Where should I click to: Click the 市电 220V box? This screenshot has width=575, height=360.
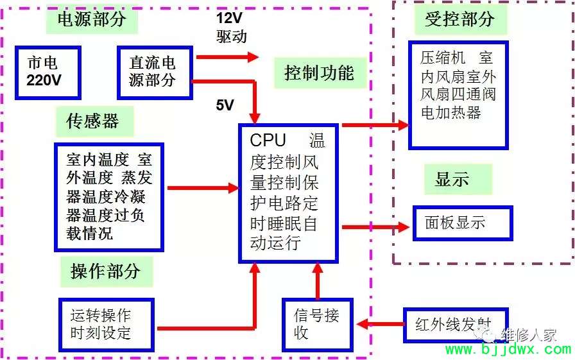click(x=47, y=73)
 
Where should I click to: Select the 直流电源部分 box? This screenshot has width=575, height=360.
click(x=155, y=73)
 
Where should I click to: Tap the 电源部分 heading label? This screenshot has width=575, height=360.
click(x=92, y=19)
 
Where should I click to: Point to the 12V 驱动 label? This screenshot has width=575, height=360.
click(x=231, y=27)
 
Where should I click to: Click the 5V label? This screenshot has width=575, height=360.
click(x=225, y=105)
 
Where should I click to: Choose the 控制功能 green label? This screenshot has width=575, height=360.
click(x=320, y=73)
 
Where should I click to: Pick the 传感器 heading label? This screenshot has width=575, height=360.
click(x=94, y=121)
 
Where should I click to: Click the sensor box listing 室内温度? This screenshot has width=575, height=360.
click(x=109, y=197)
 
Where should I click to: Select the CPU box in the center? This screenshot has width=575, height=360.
click(x=288, y=193)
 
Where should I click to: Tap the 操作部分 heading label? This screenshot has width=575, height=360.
click(x=106, y=271)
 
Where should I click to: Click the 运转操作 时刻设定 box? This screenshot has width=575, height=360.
click(x=107, y=325)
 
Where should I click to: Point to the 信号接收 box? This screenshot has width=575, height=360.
click(x=318, y=325)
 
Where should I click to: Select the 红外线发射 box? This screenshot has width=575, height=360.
click(x=456, y=325)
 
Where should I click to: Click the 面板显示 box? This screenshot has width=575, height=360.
click(x=463, y=223)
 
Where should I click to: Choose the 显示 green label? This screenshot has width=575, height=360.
click(x=458, y=180)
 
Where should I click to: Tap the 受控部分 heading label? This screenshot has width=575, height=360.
click(x=461, y=19)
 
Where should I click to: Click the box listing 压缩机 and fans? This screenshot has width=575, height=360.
click(x=458, y=96)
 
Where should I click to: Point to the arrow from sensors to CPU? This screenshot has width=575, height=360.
click(x=203, y=188)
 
